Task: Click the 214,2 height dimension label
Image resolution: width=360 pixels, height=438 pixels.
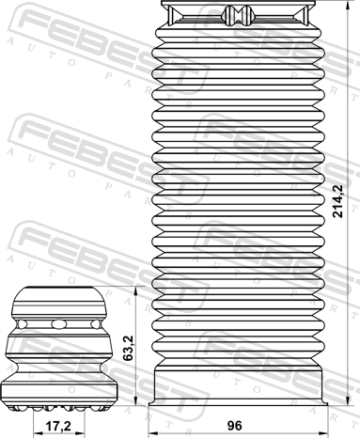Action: tap(338, 201)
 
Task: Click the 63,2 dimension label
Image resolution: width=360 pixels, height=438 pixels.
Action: tap(128, 348)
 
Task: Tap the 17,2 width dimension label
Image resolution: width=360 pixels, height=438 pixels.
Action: tap(58, 426)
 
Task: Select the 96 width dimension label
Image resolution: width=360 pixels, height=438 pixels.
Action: tap(235, 426)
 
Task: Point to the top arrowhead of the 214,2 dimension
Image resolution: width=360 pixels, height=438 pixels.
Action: tap(349, 6)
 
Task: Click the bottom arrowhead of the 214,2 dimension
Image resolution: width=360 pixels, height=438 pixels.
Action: tap(349, 400)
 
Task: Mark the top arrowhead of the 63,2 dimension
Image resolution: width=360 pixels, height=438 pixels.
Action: tap(135, 291)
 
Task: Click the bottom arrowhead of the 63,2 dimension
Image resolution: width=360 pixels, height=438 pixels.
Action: tap(135, 400)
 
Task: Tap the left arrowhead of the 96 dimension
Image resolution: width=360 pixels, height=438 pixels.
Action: tap(153, 433)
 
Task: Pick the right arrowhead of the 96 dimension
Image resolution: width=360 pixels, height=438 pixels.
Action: tap(323, 433)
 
